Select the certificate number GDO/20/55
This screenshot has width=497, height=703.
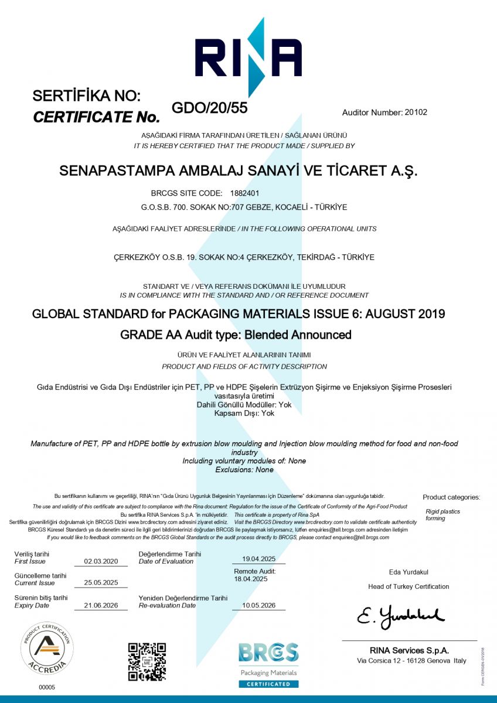point(209,108)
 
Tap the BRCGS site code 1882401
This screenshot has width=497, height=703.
point(249,193)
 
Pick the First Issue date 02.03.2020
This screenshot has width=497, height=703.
point(105,561)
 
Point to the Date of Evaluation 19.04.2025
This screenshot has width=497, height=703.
point(258,559)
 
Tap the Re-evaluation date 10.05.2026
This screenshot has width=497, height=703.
point(258,605)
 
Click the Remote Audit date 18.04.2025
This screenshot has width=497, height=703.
point(251,579)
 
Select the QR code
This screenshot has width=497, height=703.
point(147,661)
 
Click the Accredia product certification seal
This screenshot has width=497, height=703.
point(47,649)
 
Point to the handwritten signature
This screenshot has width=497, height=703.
point(401,615)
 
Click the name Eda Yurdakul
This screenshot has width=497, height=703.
point(409,572)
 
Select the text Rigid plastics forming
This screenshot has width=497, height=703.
point(442,515)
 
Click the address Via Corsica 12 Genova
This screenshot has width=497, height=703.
point(411,661)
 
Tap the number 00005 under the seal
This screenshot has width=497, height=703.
point(47,687)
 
